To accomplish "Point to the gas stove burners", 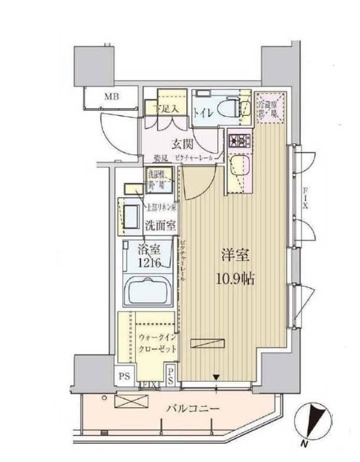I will [240, 140].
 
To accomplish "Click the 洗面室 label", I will [159, 226].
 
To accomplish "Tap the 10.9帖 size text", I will [235, 279].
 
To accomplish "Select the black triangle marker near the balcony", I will [216, 377].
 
